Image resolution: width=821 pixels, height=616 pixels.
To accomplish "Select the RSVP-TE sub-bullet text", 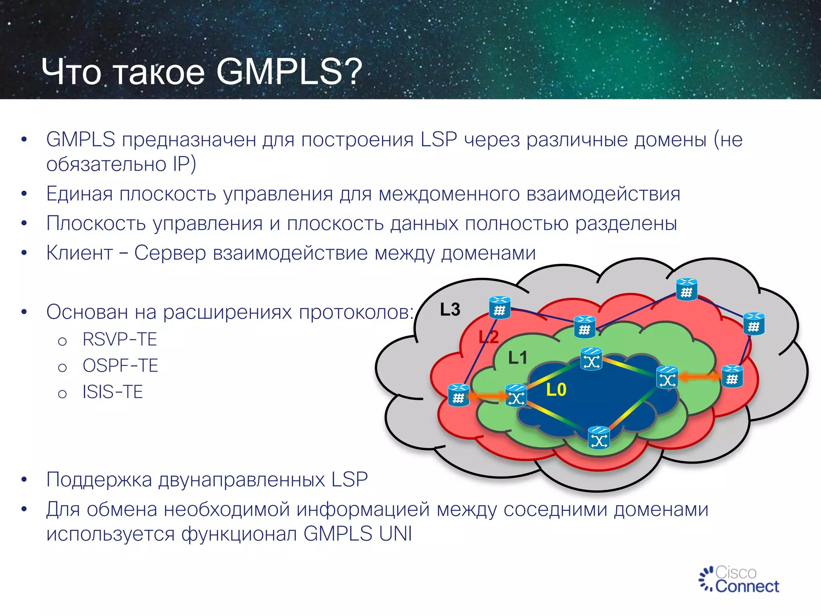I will pos(119,339).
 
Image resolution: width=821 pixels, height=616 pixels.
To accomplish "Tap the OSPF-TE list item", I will pos(120,366).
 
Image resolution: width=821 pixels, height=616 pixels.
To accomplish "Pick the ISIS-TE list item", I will pos(113,392).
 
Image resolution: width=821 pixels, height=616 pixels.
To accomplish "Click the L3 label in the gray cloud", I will pos(450,310).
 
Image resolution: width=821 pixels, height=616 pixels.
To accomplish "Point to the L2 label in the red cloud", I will pos(489,337).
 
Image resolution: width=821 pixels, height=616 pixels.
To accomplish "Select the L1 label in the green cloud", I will pos(518,358).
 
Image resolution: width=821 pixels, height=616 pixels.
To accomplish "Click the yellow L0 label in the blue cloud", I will pos(556,390).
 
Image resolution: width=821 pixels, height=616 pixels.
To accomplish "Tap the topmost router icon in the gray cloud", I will pos(686,290).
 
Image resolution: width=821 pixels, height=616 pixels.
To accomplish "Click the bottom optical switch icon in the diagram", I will pos(599,438).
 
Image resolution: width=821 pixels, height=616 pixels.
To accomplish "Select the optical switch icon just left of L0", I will pos(516,395).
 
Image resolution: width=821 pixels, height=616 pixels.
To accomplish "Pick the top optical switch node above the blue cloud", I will pos(591,359).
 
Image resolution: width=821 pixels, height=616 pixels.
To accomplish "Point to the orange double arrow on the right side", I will pos(699,377).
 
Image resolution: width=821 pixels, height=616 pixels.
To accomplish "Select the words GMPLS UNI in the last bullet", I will pos(358,534).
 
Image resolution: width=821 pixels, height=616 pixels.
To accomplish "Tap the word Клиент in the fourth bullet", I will pos(79,253).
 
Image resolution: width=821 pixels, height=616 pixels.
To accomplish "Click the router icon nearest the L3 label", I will pos(499,308).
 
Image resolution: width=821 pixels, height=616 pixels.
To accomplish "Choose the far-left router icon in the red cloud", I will pos(458,395).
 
